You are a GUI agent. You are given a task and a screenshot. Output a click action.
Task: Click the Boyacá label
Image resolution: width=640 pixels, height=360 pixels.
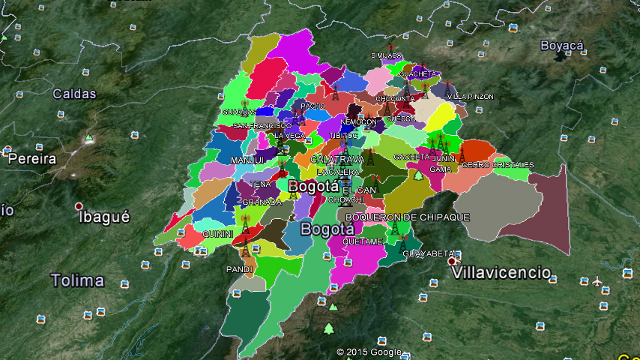click(562, 46)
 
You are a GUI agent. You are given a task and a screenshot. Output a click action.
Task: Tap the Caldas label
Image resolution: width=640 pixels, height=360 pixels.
click(74, 94)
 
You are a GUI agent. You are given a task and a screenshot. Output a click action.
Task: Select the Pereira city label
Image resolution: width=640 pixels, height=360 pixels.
click(31, 159)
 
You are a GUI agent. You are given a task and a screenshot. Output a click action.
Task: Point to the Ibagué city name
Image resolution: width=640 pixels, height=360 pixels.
click(104, 217)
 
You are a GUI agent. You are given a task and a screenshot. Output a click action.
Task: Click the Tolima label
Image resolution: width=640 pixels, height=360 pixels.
click(77, 280)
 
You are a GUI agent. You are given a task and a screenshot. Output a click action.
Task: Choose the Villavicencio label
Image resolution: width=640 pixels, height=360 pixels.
click(502, 272)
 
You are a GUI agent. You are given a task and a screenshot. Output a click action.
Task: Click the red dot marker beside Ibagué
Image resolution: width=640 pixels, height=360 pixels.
click(78, 206)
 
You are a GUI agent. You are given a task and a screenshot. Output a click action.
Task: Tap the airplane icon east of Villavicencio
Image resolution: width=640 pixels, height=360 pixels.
click(597, 281)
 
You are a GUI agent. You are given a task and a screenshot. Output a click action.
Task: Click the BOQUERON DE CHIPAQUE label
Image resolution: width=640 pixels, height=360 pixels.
click(407, 217)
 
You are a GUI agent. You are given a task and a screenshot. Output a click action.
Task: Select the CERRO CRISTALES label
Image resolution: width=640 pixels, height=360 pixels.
click(498, 164)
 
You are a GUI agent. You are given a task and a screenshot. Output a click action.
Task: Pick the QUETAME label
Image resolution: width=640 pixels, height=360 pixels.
click(363, 241)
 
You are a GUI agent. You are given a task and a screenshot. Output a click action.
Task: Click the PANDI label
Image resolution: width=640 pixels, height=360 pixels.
click(240, 268)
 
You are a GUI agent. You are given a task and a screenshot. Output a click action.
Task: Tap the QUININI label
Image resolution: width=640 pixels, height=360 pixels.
click(218, 234)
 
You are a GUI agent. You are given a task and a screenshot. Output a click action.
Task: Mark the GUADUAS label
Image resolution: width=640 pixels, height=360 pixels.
click(238, 112)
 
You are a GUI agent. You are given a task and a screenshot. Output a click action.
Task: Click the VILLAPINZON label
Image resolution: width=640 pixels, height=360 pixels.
click(470, 97)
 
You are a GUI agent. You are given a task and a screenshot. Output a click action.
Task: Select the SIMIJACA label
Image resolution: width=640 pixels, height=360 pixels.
click(387, 55)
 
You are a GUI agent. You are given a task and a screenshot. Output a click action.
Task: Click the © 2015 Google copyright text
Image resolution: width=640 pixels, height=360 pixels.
click(369, 352)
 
